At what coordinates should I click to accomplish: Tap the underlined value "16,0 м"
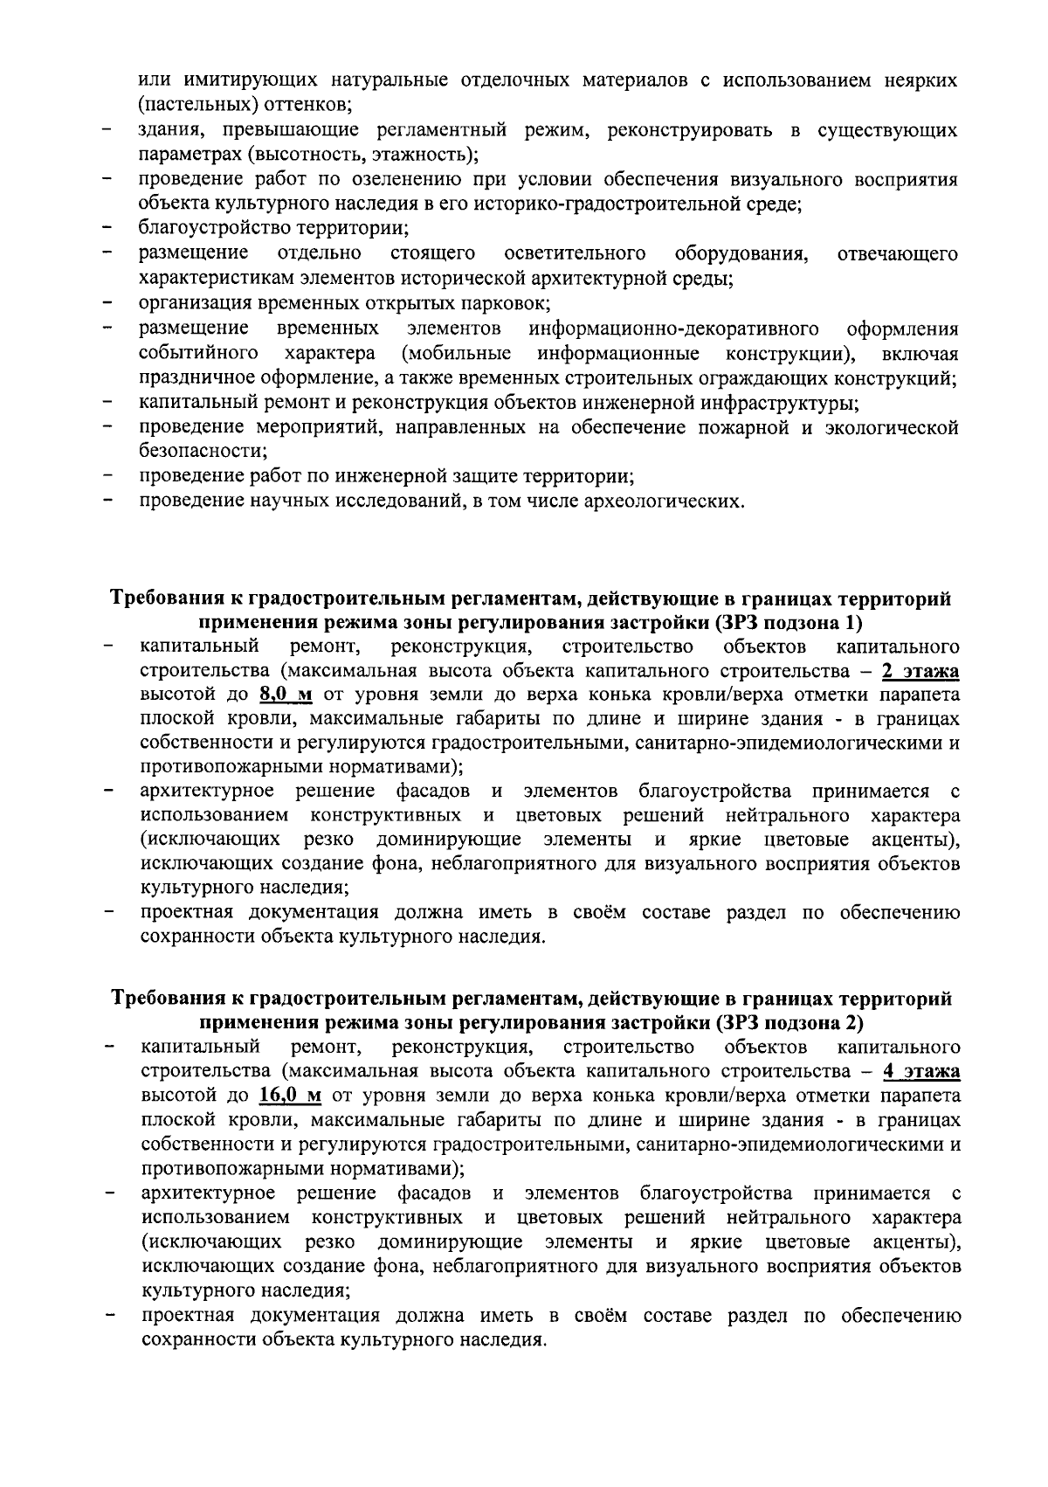pyautogui.click(x=290, y=1096)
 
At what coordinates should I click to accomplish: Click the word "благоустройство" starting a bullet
pyautogui.click(x=205, y=230)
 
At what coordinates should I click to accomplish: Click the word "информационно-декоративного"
pyautogui.click(x=673, y=329)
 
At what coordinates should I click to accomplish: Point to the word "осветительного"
pyautogui.click(x=576, y=254)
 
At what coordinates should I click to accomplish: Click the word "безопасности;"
pyautogui.click(x=203, y=452)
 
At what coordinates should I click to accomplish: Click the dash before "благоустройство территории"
pyautogui.click(x=107, y=230)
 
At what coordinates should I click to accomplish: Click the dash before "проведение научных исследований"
pyautogui.click(x=107, y=501)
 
